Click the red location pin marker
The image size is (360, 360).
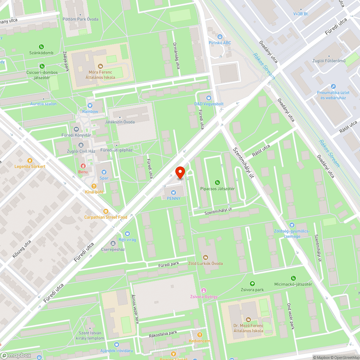point(180,172)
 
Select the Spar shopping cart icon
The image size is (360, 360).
point(104,172)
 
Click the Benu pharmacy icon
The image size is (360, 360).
point(83,166)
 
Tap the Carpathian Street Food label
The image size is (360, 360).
point(105,217)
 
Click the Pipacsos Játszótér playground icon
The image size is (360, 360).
point(217,183)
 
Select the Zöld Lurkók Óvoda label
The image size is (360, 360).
point(206,263)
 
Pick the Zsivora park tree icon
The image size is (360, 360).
point(252,284)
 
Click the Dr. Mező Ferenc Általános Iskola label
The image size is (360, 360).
point(248,328)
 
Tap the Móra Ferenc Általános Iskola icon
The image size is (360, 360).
point(100,66)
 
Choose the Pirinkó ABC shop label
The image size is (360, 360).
point(220,43)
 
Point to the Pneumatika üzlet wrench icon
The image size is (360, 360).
point(333,86)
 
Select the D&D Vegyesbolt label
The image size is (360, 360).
point(209,104)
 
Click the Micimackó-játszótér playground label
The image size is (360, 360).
point(293,284)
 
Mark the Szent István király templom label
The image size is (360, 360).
point(91,336)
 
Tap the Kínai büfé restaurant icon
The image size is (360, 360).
point(94,186)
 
